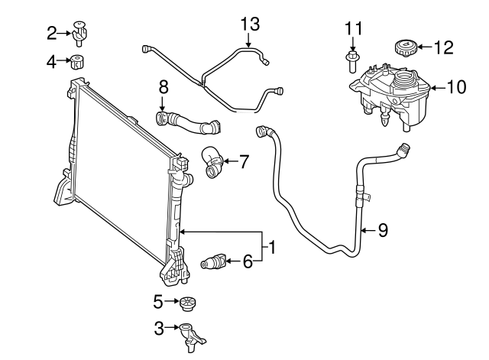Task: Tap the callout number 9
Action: point(383,230)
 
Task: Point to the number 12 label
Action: point(443,47)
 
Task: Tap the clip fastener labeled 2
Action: point(80,31)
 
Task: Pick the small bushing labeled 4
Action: point(78,62)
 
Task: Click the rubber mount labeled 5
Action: point(187,303)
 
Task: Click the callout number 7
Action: point(244,161)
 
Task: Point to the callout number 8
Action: point(162,89)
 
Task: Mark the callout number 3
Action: point(159,329)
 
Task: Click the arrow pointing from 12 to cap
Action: point(422,47)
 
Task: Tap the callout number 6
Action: point(247,262)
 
